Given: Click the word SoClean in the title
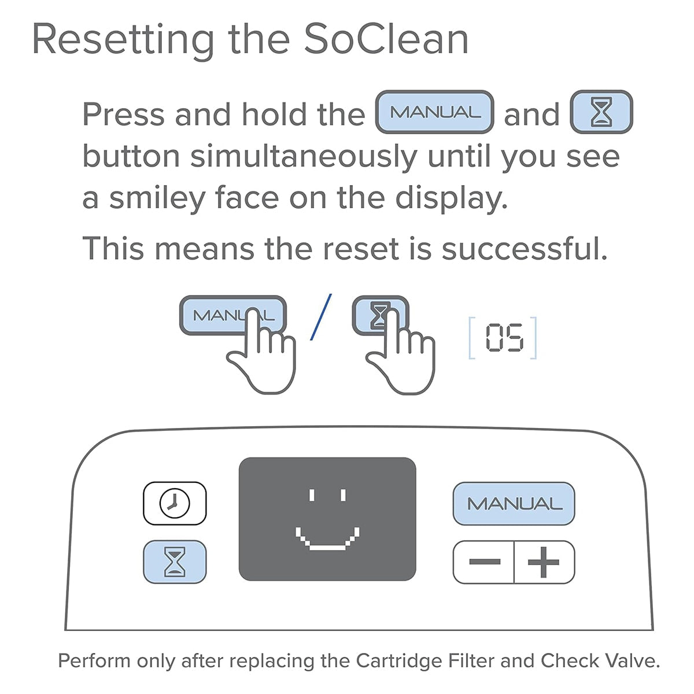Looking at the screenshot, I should click(386, 39).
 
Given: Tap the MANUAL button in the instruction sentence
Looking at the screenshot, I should click(434, 112).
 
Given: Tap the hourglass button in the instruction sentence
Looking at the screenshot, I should click(601, 112).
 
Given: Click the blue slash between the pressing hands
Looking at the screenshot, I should click(321, 317).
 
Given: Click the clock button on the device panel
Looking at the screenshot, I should click(175, 503).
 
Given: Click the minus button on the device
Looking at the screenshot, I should click(484, 562).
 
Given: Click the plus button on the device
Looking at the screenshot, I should click(544, 562).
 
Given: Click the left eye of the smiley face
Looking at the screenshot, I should click(312, 495).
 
